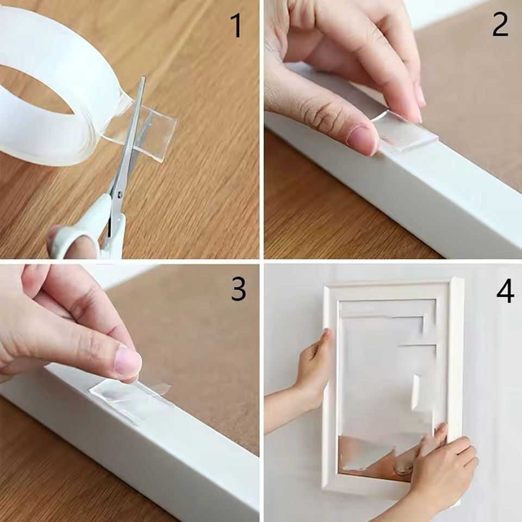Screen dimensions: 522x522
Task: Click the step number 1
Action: coord(236,26)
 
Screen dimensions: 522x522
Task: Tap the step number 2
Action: coord(500,25)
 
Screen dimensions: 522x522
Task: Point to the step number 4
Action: coord(505,291)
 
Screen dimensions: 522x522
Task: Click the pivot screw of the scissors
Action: coord(119,194)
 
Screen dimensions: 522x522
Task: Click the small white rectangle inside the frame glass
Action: coord(416,391)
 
